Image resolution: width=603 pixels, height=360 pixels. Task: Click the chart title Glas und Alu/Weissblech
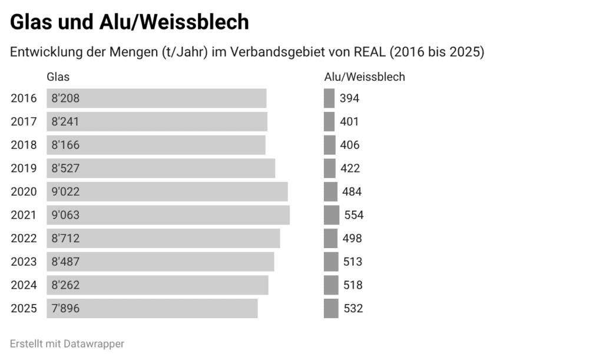coord(130,22)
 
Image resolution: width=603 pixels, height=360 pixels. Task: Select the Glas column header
coord(58,77)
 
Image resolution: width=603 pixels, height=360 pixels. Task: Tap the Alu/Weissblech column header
coord(365,77)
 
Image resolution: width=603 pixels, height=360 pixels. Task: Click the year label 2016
coord(24,98)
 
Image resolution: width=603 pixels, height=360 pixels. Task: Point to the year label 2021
coord(24,215)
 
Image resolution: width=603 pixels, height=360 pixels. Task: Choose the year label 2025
coord(24,308)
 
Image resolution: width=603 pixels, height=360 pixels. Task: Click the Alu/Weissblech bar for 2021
coord(332,215)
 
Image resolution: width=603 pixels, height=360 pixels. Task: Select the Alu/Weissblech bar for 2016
coord(329,98)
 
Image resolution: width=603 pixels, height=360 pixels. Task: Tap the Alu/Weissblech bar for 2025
coord(331,308)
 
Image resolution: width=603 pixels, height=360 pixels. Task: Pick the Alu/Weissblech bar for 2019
coord(330,169)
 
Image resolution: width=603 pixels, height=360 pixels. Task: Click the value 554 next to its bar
coord(354,215)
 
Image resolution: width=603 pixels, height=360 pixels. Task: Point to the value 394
coord(349,98)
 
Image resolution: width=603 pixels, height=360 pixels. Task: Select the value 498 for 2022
coord(352,239)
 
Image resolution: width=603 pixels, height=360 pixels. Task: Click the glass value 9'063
coord(65,215)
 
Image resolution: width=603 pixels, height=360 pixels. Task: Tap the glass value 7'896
coord(65,308)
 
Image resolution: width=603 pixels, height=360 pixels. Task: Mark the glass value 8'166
coord(65,145)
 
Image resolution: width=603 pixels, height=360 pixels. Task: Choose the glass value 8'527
coord(65,169)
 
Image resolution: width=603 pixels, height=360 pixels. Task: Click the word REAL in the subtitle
coord(369,52)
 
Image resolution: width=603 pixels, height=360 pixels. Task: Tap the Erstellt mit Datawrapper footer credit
coord(67,344)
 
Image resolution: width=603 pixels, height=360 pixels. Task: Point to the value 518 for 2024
coord(353,285)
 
